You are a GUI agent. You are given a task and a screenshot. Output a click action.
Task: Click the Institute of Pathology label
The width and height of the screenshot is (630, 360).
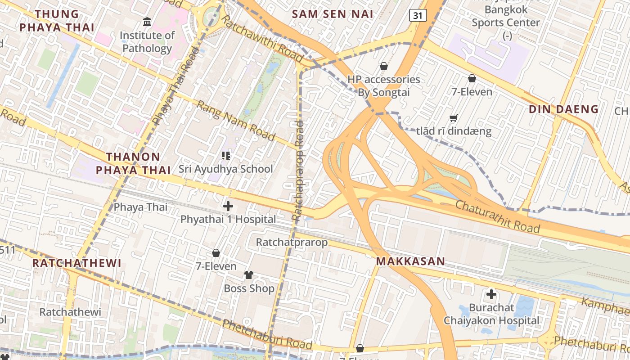pyautogui.click(x=147, y=42)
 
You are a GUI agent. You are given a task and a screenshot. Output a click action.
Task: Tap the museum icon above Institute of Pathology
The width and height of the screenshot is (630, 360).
pyautogui.click(x=147, y=22)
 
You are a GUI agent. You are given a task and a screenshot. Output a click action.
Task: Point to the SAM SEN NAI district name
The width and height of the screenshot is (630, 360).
pyautogui.click(x=333, y=14)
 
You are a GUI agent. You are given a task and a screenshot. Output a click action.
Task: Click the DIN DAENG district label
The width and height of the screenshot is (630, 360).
pyautogui.click(x=563, y=109)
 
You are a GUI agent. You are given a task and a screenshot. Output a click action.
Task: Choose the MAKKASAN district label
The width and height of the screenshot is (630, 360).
pyautogui.click(x=410, y=261)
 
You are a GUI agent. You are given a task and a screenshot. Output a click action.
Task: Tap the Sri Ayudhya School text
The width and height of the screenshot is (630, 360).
pyautogui.click(x=225, y=169)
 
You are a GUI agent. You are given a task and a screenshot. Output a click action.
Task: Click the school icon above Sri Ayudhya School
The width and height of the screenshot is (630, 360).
pyautogui.click(x=226, y=156)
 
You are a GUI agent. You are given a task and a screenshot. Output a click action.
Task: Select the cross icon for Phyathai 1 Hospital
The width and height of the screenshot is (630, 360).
pyautogui.click(x=228, y=206)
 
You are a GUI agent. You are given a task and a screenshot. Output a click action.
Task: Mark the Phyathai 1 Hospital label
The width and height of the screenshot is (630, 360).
pyautogui.click(x=228, y=219)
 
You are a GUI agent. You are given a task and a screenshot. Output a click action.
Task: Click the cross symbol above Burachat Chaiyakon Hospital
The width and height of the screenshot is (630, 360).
pyautogui.click(x=491, y=294)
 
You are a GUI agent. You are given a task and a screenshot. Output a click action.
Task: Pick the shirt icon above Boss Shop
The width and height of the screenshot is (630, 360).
pyautogui.click(x=249, y=274)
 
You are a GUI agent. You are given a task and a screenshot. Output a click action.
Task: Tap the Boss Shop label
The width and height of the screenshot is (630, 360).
pyautogui.click(x=249, y=288)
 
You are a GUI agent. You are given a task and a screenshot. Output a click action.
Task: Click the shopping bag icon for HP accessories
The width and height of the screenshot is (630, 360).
pyautogui.click(x=384, y=66)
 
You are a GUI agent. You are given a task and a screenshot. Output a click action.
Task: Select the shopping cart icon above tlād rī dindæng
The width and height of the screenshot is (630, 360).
pyautogui.click(x=454, y=118)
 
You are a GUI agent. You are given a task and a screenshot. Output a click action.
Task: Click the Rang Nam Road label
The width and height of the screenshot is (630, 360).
pyautogui.click(x=236, y=121)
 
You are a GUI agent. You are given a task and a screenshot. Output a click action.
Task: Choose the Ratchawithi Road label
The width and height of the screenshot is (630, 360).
pyautogui.click(x=262, y=40)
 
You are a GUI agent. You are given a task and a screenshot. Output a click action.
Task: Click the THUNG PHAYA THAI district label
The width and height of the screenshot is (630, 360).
pyautogui.click(x=57, y=21)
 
